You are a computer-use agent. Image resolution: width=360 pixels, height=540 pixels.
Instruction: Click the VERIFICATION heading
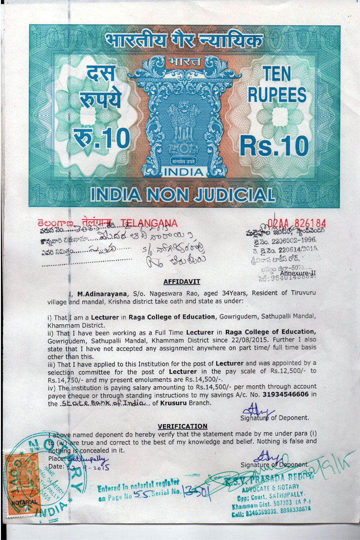182,426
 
